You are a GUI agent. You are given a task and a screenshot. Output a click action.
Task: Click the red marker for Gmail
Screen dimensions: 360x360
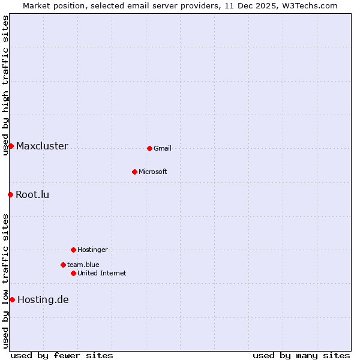point(149,148)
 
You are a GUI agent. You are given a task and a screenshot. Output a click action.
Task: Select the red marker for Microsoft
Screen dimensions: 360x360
point(134,172)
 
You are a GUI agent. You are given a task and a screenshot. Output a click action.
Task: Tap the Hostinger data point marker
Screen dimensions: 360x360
point(73,250)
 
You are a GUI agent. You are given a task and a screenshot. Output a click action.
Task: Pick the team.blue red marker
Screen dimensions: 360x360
point(63,265)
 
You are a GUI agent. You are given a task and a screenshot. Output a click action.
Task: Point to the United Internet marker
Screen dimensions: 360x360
point(73,273)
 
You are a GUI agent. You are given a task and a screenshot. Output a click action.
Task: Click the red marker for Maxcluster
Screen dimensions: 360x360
point(11,146)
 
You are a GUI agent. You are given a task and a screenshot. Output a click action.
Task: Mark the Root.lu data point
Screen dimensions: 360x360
point(10,194)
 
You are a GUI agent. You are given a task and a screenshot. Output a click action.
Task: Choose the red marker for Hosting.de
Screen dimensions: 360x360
point(12,299)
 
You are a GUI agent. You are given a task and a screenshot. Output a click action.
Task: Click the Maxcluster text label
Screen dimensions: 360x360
point(42,146)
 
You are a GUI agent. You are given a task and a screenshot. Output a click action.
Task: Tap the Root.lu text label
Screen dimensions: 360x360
point(32,194)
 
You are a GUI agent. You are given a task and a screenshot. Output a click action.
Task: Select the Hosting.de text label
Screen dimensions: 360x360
point(43,299)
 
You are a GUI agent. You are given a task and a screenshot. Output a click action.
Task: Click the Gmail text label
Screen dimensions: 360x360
point(163,148)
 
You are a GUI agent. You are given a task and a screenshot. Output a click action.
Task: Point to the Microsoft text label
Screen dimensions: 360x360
point(153,172)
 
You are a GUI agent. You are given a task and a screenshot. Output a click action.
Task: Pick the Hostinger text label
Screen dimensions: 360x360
point(92,250)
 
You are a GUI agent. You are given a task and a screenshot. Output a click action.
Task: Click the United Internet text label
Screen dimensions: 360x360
point(102,273)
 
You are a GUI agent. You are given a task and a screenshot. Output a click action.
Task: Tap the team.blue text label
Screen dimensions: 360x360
point(83,265)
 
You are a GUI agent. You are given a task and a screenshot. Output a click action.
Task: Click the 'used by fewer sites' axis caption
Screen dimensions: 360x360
point(62,355)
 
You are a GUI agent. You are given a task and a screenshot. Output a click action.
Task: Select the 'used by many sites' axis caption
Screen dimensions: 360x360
point(301,355)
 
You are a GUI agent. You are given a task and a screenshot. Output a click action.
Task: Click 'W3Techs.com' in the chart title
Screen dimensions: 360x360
point(310,5)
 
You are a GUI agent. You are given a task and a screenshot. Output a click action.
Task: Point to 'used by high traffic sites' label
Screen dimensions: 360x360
point(5,85)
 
